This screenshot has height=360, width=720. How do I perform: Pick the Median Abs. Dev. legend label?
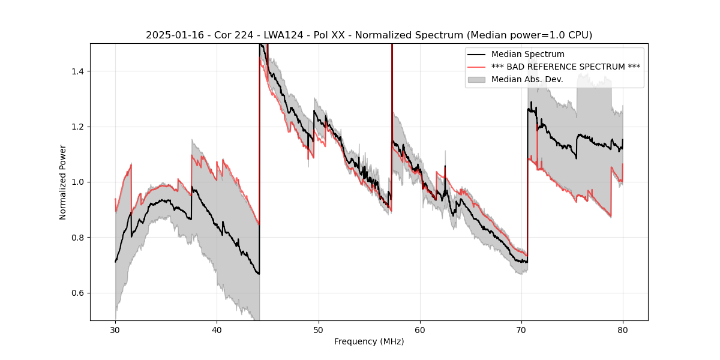(527, 79)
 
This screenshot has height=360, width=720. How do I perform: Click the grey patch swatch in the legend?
(477, 79)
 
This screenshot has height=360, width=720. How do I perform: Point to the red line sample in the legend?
(477, 67)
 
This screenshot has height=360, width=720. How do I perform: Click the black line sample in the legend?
(477, 55)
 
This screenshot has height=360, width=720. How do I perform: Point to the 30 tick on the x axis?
(115, 329)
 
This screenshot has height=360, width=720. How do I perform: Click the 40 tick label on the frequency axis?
(217, 329)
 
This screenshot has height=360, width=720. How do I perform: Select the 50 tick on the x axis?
(319, 329)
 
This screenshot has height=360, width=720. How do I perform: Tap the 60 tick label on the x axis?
(420, 329)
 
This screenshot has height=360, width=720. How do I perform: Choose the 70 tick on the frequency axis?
(521, 329)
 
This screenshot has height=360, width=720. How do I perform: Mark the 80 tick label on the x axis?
(623, 329)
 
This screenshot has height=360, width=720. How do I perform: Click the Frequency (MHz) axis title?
(369, 341)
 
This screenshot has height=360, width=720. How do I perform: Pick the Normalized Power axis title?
(63, 182)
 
